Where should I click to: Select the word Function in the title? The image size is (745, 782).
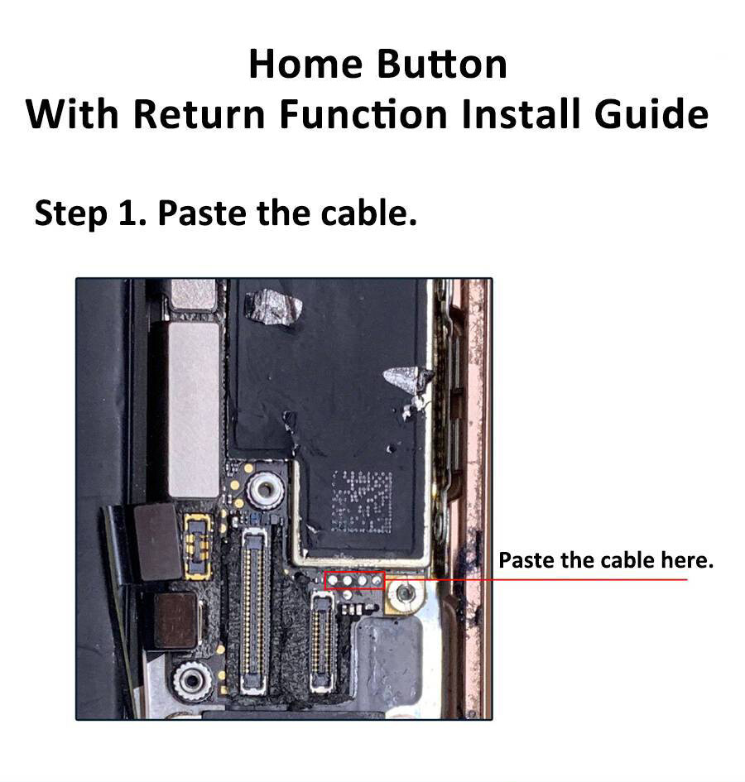click(x=364, y=114)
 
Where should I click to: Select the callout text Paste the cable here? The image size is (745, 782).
click(x=605, y=560)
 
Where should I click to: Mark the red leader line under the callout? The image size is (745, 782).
click(x=563, y=579)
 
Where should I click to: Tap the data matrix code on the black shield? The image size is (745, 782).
click(x=361, y=501)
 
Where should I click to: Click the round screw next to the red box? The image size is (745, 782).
click(x=405, y=593)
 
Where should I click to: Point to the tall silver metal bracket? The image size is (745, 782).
click(x=193, y=409)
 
